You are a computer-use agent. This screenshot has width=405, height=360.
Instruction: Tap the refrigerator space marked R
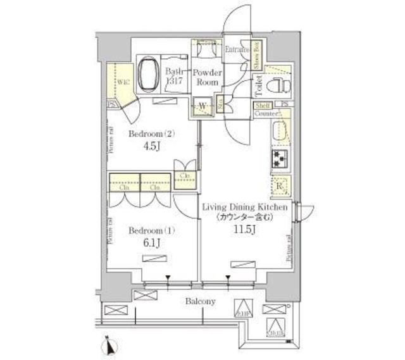point(279,186)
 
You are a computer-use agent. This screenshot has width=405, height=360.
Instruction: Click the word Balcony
point(200,301)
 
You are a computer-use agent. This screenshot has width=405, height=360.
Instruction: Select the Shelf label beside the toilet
point(264,104)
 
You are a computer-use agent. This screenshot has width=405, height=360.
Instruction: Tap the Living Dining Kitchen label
point(245,207)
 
